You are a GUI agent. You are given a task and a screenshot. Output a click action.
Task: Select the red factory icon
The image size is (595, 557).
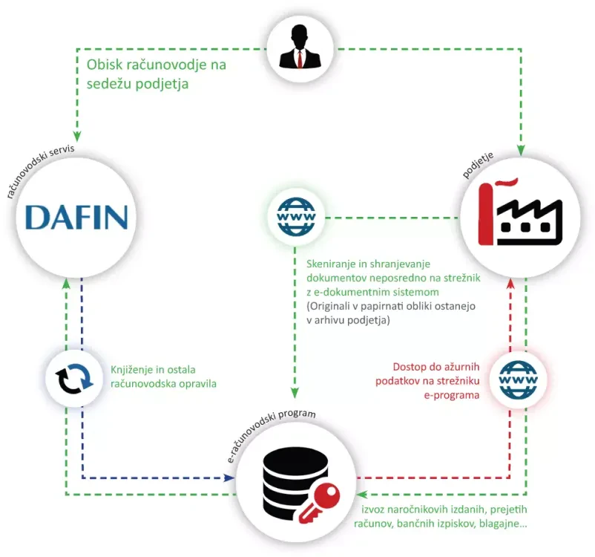coord(520,215)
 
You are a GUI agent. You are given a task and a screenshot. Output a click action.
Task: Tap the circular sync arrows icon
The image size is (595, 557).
coord(73,379)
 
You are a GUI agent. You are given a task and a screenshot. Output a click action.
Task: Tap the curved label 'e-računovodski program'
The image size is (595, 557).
coord(272,431)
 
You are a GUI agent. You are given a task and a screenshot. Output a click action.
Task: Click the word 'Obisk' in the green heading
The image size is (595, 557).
coord(107,65)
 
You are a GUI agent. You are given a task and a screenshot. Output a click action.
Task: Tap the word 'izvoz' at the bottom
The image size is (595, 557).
coord(374,511)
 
